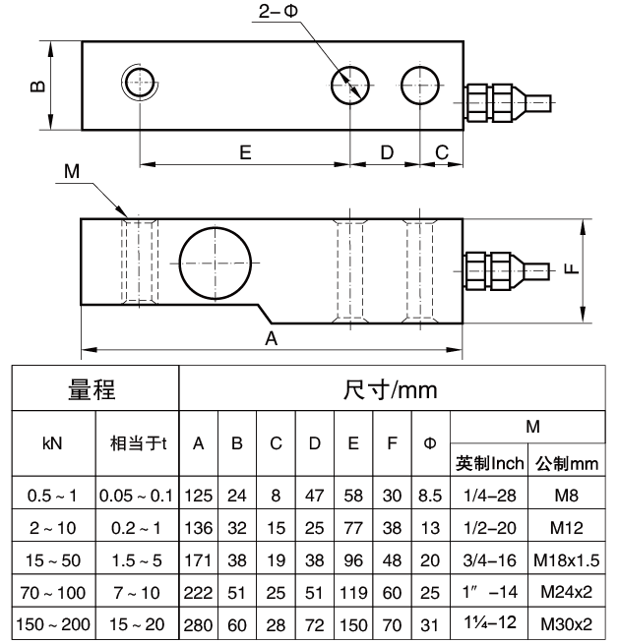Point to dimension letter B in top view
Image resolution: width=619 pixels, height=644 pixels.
[x=36, y=86]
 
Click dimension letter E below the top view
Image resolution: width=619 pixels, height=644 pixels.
[x=245, y=152]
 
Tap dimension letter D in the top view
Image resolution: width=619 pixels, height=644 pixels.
[x=387, y=152]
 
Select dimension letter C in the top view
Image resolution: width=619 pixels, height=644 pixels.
[x=442, y=152]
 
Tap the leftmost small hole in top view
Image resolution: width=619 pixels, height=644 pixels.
[x=140, y=82]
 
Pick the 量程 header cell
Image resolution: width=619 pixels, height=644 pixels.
[x=93, y=390]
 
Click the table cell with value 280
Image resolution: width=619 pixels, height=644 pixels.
[x=198, y=623]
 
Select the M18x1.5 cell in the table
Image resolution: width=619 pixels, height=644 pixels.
[x=566, y=560]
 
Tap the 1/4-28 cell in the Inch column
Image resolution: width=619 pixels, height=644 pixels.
[x=489, y=497]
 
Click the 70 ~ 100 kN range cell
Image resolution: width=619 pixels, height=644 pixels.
[x=53, y=592]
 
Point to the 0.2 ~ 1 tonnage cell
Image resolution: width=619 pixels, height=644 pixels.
[x=137, y=528]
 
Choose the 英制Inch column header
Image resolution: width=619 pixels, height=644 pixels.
[x=489, y=462]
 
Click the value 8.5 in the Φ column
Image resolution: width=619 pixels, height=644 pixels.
[x=430, y=497]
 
